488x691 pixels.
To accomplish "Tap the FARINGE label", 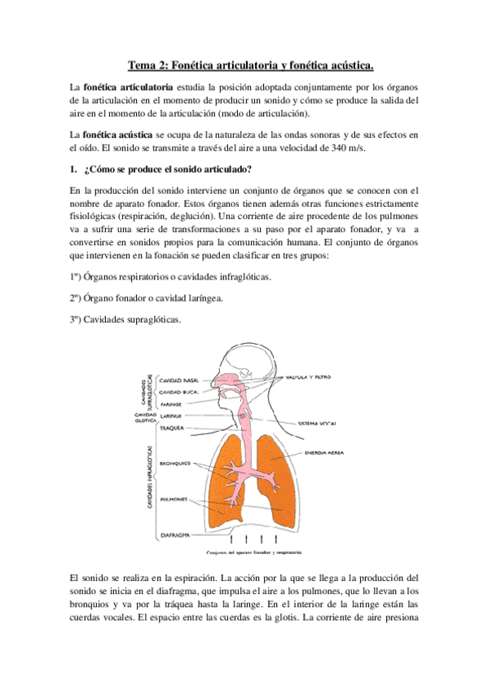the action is (x=170, y=403).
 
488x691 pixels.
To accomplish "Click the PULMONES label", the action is (x=174, y=499).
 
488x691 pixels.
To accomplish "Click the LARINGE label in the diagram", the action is (x=170, y=416).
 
